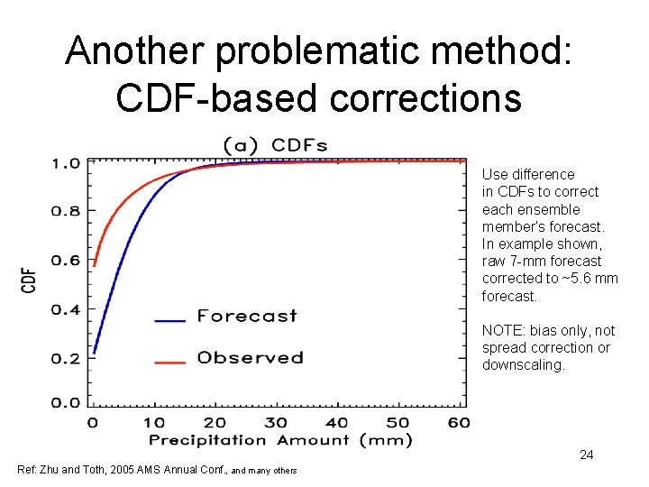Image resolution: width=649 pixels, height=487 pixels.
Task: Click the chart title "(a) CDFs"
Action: tap(275, 144)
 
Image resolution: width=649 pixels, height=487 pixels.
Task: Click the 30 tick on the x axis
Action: tap(276, 422)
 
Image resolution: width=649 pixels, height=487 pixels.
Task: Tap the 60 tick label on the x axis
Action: tap(458, 422)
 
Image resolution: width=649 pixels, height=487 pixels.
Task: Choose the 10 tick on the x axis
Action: tap(153, 422)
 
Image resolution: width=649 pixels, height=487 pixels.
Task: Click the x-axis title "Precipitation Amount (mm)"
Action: tap(279, 440)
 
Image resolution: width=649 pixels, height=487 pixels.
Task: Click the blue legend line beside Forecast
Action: tap(169, 319)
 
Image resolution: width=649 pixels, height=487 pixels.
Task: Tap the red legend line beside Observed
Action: tap(169, 362)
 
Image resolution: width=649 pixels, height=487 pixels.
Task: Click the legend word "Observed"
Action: tap(250, 358)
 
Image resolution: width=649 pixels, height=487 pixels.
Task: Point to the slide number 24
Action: tap(586, 455)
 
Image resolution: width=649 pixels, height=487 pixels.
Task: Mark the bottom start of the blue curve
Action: tap(94, 353)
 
